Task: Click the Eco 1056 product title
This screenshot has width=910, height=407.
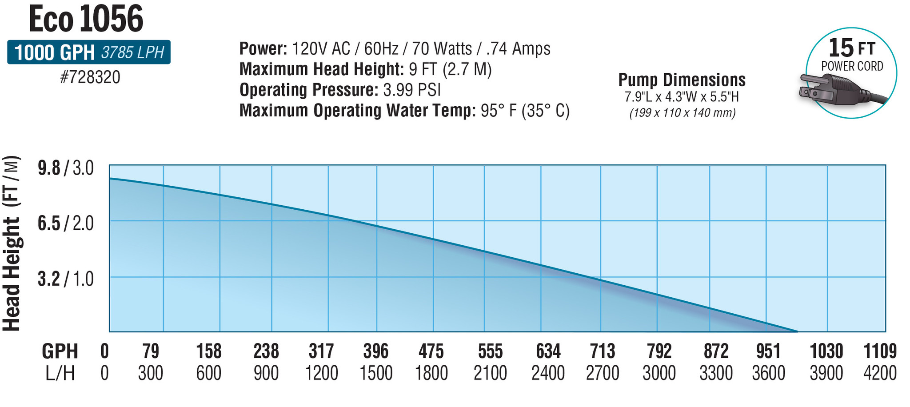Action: (x=86, y=20)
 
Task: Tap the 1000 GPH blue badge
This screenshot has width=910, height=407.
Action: (x=88, y=52)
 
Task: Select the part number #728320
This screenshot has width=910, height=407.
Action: (x=90, y=77)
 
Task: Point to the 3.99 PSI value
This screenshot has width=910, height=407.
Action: (x=411, y=90)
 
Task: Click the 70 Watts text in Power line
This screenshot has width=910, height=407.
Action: (x=441, y=48)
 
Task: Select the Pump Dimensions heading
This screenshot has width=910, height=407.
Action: (x=682, y=80)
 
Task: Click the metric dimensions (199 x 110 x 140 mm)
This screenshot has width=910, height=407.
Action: (x=682, y=113)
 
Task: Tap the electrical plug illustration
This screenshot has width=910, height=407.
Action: (x=835, y=90)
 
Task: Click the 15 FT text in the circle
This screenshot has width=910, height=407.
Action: (x=851, y=48)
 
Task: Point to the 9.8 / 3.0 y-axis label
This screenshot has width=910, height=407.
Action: (x=66, y=168)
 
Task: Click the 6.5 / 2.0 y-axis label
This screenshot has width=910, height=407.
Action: (x=66, y=223)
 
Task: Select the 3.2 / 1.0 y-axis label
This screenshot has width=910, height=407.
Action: (x=66, y=279)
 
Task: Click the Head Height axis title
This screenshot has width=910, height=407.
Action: (x=12, y=243)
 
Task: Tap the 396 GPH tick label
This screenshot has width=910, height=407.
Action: (x=376, y=351)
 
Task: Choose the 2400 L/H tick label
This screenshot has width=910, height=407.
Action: (x=548, y=373)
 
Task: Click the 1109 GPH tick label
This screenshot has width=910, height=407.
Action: (x=879, y=351)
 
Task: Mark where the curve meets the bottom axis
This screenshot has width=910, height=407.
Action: (x=797, y=331)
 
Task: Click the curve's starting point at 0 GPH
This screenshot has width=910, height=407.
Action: (x=111, y=178)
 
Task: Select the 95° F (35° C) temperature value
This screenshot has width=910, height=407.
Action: (x=525, y=111)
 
